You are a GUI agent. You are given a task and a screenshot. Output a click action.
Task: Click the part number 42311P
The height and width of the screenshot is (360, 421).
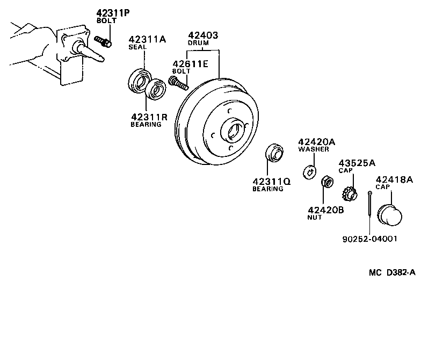pyautogui.click(x=112, y=13)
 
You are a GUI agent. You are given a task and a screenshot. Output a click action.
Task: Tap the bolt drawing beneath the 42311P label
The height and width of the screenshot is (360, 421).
pyautogui.click(x=102, y=41)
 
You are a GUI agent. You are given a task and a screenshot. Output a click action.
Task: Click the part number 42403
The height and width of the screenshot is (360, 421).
pyautogui.click(x=202, y=35)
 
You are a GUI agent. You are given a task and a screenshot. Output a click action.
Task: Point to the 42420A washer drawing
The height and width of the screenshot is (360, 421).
pyautogui.click(x=309, y=171)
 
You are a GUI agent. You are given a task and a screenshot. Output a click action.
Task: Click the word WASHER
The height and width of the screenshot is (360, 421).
pyautogui.click(x=314, y=149)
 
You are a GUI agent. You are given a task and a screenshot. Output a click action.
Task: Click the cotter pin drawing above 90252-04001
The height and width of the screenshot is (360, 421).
pyautogui.click(x=371, y=205)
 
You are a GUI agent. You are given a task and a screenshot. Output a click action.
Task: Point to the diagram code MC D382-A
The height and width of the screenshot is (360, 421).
pyautogui.click(x=391, y=272)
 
